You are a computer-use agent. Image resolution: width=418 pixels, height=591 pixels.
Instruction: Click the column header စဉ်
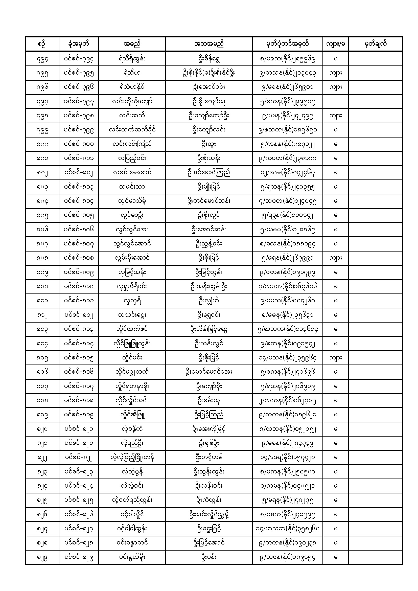[x=42, y=44]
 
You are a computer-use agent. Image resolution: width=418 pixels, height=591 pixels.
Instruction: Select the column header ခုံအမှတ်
[x=79, y=44]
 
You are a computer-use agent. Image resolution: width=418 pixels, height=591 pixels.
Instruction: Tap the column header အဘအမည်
[x=209, y=44]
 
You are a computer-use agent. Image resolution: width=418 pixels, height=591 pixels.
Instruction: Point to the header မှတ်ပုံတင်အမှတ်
[x=287, y=44]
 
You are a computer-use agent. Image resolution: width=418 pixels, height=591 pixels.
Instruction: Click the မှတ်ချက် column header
[x=376, y=44]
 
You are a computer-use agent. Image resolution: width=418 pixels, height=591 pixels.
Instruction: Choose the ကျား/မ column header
[x=335, y=44]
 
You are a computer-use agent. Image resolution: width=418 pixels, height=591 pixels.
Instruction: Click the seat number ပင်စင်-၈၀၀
[x=79, y=144]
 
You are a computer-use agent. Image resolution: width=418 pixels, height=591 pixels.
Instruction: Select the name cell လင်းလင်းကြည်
[x=132, y=144]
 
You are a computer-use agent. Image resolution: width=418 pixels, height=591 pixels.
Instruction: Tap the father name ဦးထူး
[x=209, y=144]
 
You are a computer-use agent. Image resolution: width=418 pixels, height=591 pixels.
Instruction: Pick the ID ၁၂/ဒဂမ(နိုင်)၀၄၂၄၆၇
[x=287, y=173]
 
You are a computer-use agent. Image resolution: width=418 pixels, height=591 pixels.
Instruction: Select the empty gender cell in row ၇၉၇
[x=335, y=101]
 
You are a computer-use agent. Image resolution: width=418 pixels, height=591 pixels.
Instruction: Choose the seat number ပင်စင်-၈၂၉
[x=79, y=558]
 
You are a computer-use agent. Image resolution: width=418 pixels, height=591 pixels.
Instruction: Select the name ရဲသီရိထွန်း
[x=132, y=59]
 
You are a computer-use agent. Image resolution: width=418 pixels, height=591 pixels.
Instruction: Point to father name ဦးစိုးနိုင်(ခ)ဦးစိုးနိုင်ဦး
[x=209, y=73]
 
